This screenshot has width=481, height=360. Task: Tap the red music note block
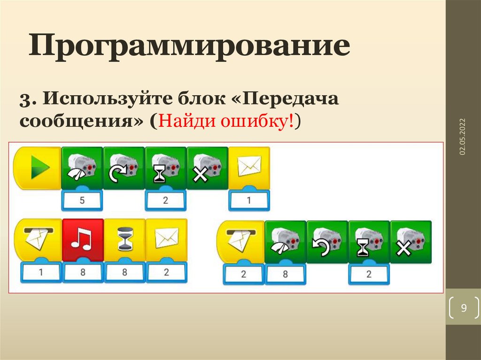[x=83, y=240]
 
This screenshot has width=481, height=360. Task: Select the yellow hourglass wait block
[x=124, y=240]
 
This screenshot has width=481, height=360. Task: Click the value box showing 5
[x=82, y=200]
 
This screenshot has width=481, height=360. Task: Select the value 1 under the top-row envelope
[x=249, y=200]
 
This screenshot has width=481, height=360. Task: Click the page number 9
[x=464, y=308]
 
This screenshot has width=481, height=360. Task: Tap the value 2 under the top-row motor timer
[x=165, y=200]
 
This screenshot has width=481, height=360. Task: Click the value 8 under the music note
[x=83, y=272]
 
